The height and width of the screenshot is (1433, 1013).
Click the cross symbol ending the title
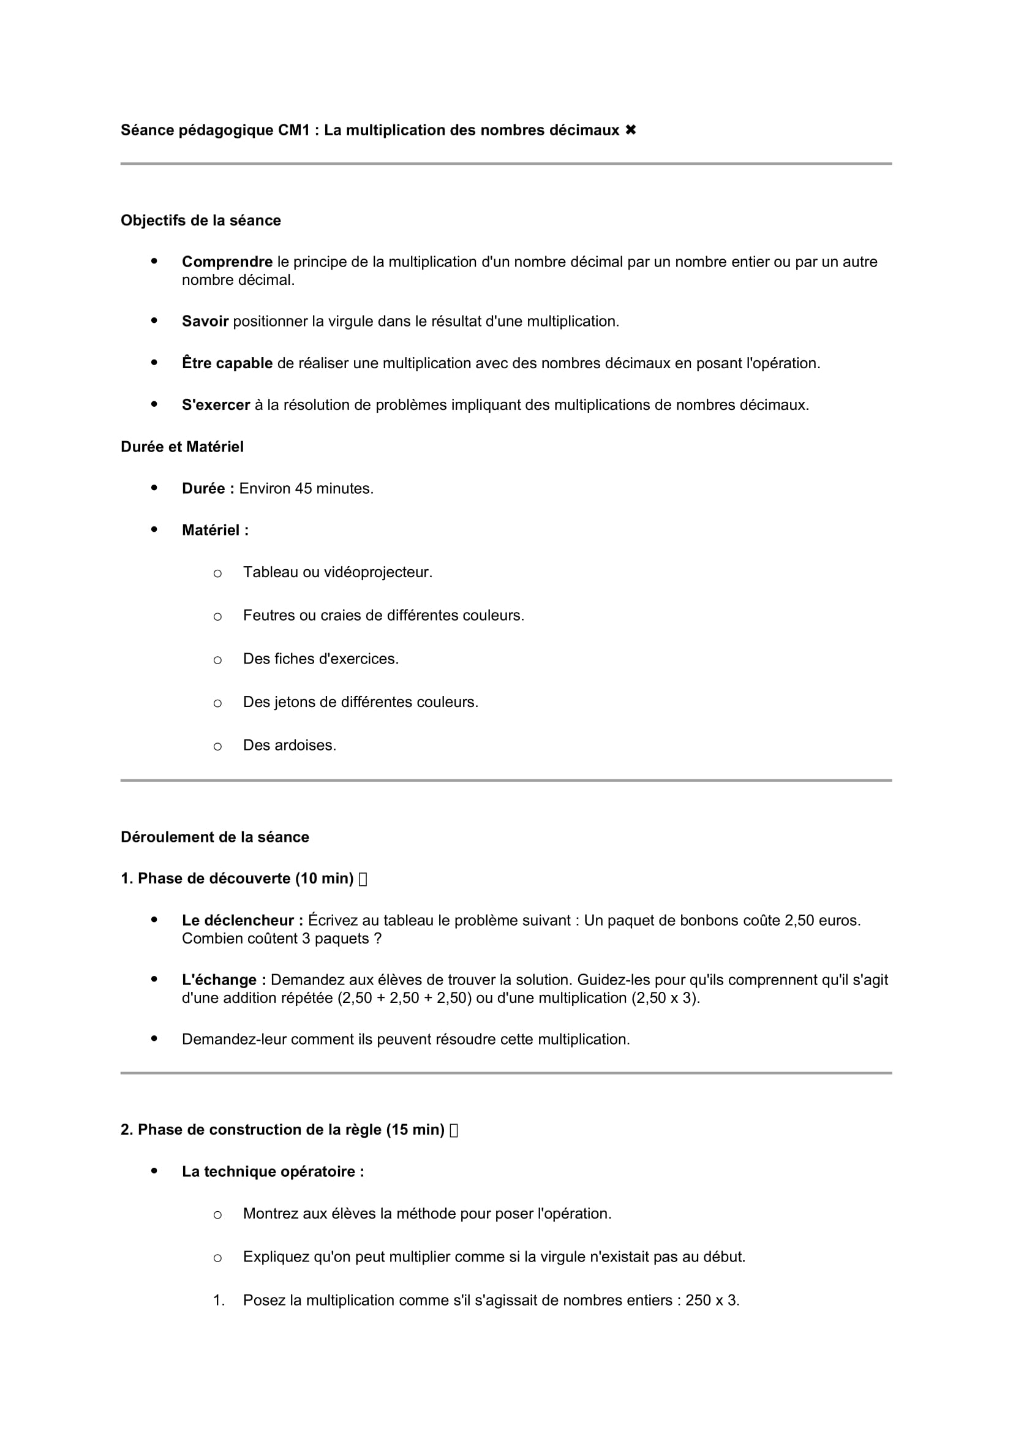click(x=631, y=130)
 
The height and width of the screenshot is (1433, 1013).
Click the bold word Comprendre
click(x=227, y=262)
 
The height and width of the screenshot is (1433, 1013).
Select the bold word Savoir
click(x=205, y=322)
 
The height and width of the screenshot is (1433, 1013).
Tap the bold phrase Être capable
click(x=227, y=363)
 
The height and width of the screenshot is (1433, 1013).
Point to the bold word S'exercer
click(x=216, y=405)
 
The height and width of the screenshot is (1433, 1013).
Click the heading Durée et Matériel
click(x=182, y=447)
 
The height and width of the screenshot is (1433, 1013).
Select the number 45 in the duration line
click(x=303, y=489)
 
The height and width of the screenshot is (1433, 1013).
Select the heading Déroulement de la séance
click(x=214, y=837)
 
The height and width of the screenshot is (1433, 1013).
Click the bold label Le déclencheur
click(x=242, y=921)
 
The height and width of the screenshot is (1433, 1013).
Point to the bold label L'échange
click(x=224, y=980)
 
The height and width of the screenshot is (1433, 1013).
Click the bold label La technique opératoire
click(x=273, y=1171)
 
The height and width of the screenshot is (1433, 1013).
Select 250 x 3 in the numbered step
click(x=712, y=1301)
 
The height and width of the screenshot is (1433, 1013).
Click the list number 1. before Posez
click(x=218, y=1301)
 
